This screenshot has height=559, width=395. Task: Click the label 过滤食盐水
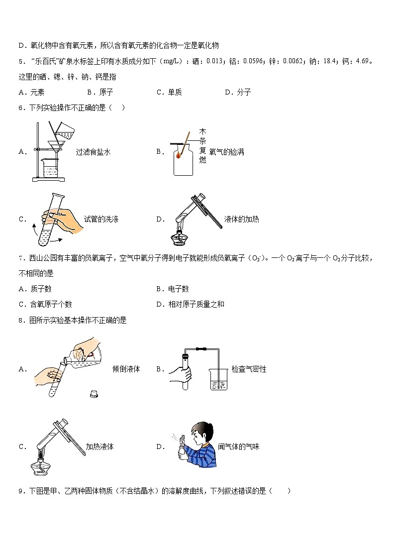coord(93,152)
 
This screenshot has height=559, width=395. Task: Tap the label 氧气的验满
coord(227,152)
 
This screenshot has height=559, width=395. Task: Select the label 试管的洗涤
coord(101,219)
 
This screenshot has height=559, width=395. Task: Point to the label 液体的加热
coord(241,219)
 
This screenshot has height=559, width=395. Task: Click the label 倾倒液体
coord(126,369)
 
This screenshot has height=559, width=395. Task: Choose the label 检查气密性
coord(249,369)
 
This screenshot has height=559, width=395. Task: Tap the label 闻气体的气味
coord(239,447)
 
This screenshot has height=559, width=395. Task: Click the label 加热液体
coord(99,447)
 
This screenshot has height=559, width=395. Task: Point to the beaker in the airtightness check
coord(219,379)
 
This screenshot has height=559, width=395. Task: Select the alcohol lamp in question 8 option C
coord(44,466)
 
